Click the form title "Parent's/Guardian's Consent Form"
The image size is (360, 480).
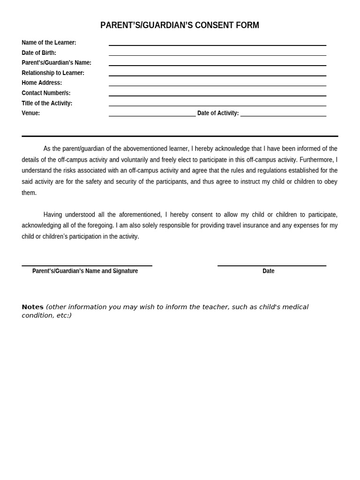180,25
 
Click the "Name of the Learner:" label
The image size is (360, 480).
49,43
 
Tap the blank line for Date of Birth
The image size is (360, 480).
217,54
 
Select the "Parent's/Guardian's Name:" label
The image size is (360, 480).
56,63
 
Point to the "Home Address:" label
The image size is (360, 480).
42,83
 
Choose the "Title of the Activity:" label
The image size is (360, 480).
47,103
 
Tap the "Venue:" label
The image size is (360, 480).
30,113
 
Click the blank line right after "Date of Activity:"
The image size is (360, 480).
283,115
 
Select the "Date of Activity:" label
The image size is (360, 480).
218,113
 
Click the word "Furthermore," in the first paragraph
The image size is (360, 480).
316,160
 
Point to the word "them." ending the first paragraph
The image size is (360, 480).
29,193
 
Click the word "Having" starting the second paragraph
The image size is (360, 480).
52,215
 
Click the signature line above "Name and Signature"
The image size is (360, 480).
87,265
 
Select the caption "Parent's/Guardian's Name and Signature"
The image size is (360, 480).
85,271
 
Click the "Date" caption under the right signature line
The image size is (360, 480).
268,271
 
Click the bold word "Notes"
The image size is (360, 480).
32,307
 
